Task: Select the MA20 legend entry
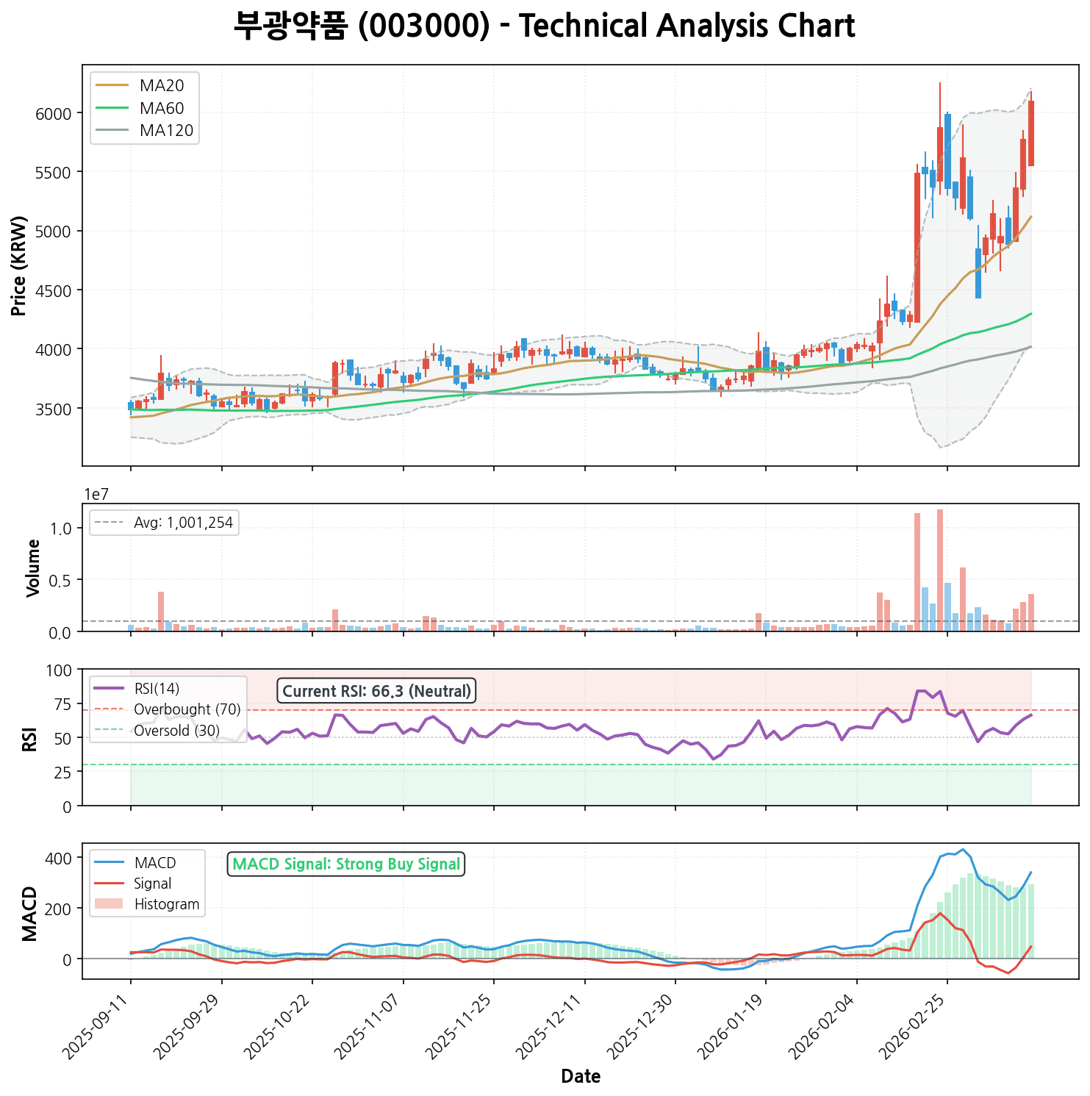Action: pyautogui.click(x=162, y=86)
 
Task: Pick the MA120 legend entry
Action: pyautogui.click(x=166, y=131)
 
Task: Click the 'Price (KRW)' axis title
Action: pyautogui.click(x=20, y=265)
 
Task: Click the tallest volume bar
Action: pyautogui.click(x=940, y=570)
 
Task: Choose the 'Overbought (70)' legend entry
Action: pyautogui.click(x=187, y=709)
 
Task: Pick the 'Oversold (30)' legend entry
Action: pyautogui.click(x=176, y=731)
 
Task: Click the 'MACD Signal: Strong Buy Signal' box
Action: pyautogui.click(x=346, y=864)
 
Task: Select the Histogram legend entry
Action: pyautogui.click(x=167, y=904)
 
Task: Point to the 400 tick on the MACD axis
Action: pyautogui.click(x=60, y=859)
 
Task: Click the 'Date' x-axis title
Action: pyautogui.click(x=581, y=1077)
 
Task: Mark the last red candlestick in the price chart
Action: pyautogui.click(x=1031, y=133)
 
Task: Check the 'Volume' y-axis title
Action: pyautogui.click(x=33, y=567)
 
